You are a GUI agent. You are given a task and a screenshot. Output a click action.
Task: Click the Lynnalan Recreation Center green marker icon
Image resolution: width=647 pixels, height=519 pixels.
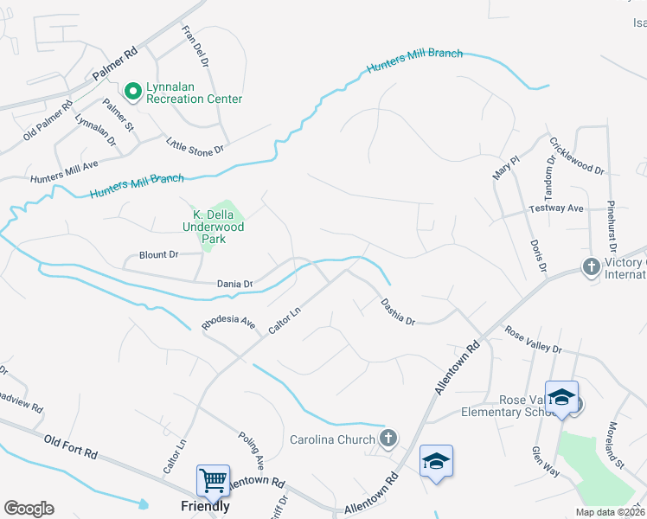(133, 90)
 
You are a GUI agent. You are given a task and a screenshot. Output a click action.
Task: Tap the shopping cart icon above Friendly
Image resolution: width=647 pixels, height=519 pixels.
(213, 478)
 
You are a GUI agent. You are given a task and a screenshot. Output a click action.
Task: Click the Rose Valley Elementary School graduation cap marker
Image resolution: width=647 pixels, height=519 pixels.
(561, 396)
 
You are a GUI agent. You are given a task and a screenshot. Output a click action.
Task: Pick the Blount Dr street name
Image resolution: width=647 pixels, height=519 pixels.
(158, 255)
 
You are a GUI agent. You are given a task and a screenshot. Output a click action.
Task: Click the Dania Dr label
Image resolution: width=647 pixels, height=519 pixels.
(234, 284)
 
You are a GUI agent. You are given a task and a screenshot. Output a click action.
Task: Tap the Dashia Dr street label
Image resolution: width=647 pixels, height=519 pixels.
(399, 312)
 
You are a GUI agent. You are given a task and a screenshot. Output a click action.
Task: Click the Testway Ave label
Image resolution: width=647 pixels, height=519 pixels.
(556, 208)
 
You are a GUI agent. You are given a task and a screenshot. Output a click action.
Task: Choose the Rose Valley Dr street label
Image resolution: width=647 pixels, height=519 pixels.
(533, 339)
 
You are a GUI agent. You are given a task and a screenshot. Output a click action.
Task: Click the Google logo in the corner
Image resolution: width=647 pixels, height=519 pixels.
(29, 509)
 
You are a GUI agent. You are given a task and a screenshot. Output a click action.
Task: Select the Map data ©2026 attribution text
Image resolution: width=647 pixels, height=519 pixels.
(609, 512)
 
